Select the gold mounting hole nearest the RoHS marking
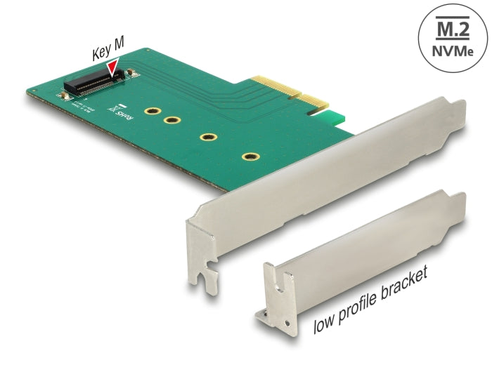click(150, 112)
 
